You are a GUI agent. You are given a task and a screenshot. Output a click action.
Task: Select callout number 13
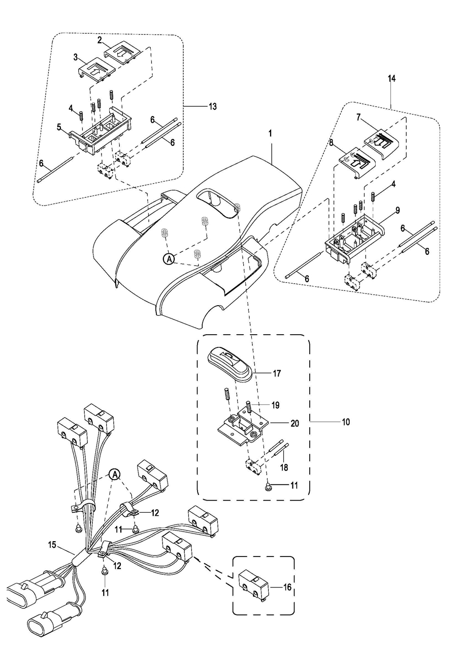click(x=212, y=106)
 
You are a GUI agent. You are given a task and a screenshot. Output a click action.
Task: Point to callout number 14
click(x=391, y=78)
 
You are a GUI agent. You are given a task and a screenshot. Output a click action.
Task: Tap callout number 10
click(x=346, y=422)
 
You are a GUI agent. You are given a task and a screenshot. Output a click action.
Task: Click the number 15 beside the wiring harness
click(x=52, y=544)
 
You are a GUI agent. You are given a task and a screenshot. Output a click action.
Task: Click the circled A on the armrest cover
click(x=169, y=259)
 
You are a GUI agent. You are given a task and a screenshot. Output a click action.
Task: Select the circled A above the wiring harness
click(x=115, y=475)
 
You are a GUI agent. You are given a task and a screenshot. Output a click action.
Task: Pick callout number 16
click(x=287, y=587)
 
